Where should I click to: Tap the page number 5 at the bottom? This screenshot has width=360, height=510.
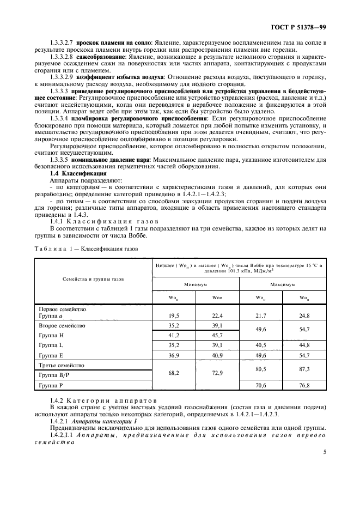(x=324, y=451)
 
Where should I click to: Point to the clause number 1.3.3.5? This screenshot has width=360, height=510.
(x=62, y=160)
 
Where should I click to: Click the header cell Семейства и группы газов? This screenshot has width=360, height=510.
(x=94, y=278)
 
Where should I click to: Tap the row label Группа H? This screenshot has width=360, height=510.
(x=51, y=336)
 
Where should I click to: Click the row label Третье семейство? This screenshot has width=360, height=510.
(x=60, y=365)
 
